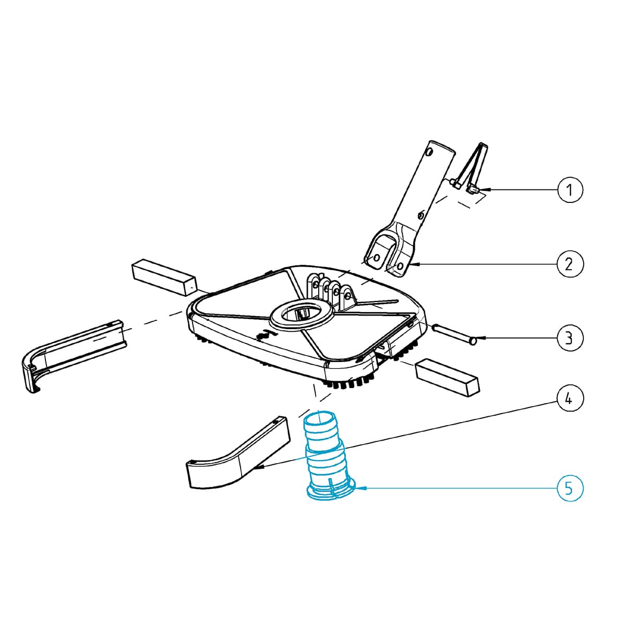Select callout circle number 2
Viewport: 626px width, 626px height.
tap(570, 264)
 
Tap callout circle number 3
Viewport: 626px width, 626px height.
tap(570, 338)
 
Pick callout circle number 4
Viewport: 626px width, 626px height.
tap(570, 398)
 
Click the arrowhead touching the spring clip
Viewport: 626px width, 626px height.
tap(485, 189)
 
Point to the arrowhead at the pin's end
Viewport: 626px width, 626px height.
tap(482, 338)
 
